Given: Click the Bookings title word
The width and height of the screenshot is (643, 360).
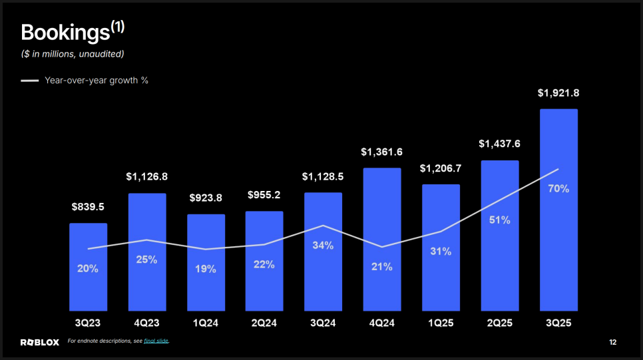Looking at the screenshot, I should (65, 33).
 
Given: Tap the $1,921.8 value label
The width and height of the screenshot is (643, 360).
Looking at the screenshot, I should (558, 93).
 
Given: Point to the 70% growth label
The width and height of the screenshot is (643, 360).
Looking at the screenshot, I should (558, 188).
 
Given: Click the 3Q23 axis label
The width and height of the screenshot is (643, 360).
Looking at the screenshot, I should (88, 323).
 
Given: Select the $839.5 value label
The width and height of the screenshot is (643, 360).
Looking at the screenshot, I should (88, 207).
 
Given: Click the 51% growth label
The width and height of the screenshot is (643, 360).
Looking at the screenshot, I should (499, 220).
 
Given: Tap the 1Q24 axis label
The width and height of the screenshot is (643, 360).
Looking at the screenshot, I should (206, 323).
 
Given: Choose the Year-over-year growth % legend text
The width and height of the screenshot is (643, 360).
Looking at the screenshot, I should (96, 81).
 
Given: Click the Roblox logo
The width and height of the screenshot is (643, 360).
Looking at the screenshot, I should (40, 342).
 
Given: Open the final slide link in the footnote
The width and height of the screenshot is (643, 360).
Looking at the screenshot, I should (156, 341).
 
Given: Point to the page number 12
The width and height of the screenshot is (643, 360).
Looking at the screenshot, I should (612, 342).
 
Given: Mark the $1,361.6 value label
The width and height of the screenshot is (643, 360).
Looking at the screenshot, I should (382, 152).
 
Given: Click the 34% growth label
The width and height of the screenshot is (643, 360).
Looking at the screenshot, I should (323, 245).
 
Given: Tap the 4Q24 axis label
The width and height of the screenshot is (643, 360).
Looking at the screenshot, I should (382, 323).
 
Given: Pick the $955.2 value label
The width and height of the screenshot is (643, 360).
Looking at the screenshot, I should (264, 195).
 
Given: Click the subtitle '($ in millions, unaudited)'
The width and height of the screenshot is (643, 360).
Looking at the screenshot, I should (73, 53).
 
